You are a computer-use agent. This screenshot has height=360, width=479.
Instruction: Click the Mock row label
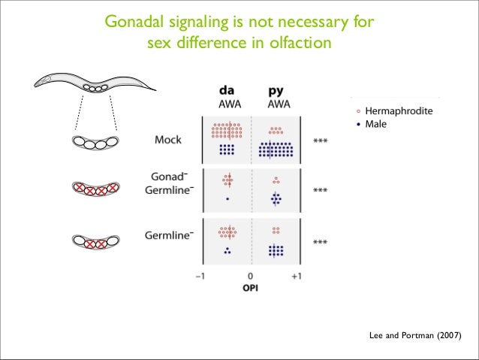pos(173,139)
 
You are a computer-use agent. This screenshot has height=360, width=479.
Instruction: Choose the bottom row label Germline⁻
pos(169,235)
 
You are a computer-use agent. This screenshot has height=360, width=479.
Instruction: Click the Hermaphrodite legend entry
pos(399,111)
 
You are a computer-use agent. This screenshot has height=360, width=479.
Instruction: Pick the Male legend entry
pos(375,123)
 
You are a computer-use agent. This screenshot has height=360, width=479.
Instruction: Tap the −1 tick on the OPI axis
pos(200,276)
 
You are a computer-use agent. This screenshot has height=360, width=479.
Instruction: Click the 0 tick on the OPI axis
pos(251,276)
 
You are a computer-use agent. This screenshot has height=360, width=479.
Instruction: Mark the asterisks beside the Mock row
pos(320,141)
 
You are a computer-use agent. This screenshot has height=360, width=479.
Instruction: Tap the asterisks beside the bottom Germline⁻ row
pos(320,242)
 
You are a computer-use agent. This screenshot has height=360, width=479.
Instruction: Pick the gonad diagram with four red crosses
pos(95,190)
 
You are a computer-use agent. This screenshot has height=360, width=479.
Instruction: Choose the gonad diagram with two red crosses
pos(95,242)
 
